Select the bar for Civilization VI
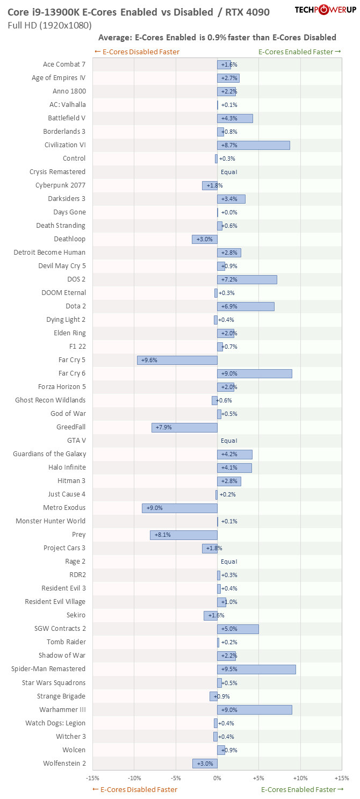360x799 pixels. click(254, 145)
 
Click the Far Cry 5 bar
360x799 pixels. click(177, 360)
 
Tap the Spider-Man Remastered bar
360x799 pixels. click(256, 669)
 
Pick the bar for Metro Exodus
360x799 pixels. click(180, 508)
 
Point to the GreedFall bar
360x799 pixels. click(184, 427)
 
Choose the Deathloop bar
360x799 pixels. click(205, 239)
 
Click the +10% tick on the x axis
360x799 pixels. click(300, 778)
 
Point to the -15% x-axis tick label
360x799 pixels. click(92, 778)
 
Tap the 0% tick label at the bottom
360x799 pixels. click(217, 778)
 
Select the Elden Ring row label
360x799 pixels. click(69, 333)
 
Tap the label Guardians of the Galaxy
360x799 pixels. click(49, 454)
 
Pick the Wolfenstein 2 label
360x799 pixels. click(64, 763)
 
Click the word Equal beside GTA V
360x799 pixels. click(229, 441)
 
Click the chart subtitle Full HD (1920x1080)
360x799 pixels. click(50, 25)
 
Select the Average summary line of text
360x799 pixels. click(217, 38)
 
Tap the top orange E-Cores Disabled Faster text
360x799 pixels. click(136, 52)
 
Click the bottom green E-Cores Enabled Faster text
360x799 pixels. click(302, 789)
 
